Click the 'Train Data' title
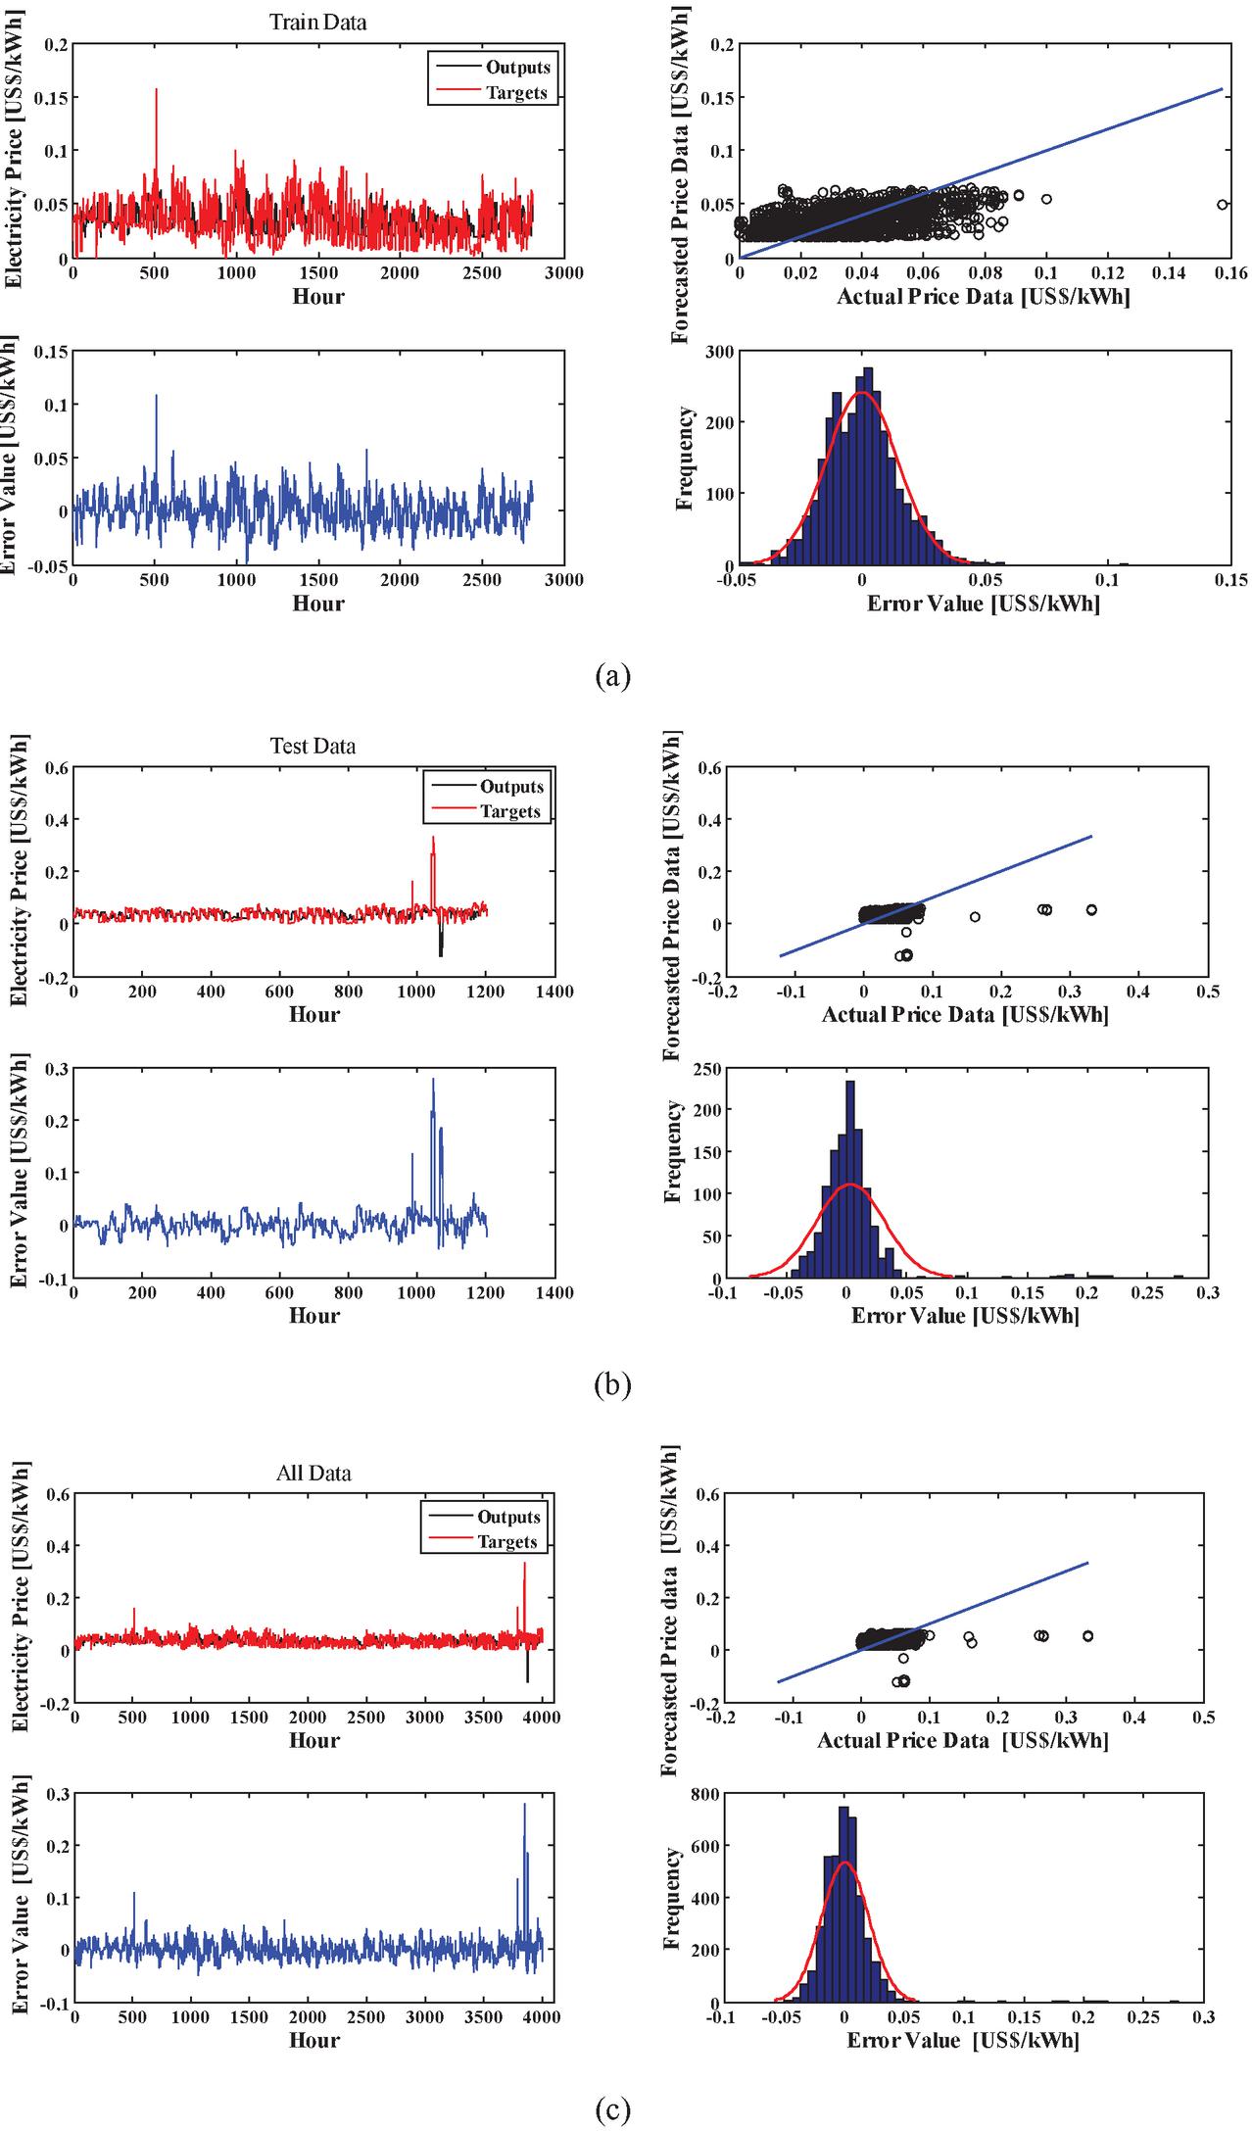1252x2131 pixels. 317,22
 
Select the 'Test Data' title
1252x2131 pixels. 313,746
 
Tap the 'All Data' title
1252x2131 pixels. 313,1473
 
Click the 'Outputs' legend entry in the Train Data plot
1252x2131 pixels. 517,68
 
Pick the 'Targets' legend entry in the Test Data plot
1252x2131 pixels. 509,811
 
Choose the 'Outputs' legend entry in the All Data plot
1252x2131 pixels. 508,1517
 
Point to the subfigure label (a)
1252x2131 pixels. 613,675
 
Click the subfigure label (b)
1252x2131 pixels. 613,1384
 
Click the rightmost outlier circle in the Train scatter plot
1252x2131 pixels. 1222,205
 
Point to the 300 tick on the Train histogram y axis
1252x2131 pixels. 719,351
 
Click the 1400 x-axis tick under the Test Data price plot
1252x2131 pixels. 554,992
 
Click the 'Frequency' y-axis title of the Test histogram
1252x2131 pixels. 674,1151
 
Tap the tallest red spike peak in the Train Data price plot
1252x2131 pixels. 156,89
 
